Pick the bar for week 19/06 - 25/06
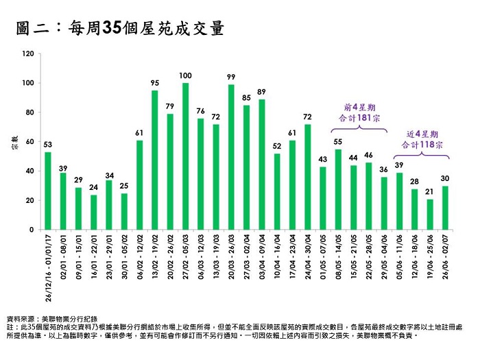pyautogui.click(x=430, y=214)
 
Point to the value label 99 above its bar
pyautogui.click(x=231, y=76)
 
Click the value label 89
pyautogui.click(x=261, y=91)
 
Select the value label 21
pyautogui.click(x=430, y=191)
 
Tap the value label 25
pyautogui.click(x=124, y=185)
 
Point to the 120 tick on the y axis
pyautogui.click(x=27, y=53)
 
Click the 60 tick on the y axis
pyautogui.click(x=29, y=142)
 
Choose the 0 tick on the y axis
pyautogui.click(x=32, y=230)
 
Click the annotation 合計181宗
pyautogui.click(x=361, y=119)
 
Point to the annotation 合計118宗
pyautogui.click(x=422, y=145)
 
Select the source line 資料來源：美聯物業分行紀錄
pyautogui.click(x=52, y=319)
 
